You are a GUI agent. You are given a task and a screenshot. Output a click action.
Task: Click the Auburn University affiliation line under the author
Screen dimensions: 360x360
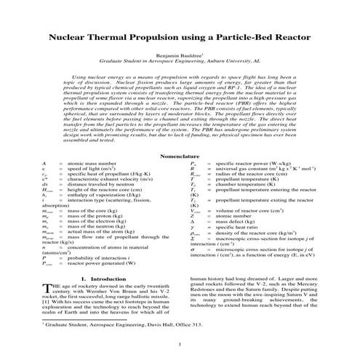(x=180, y=63)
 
